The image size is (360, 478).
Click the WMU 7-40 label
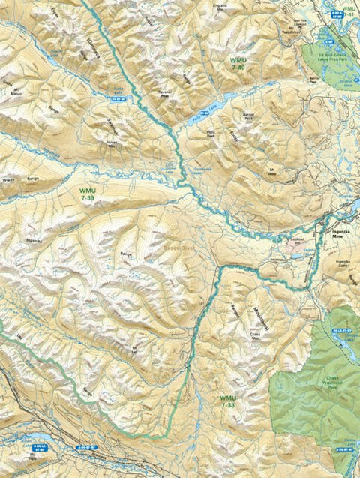click(238, 63)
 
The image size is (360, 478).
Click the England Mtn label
click(220, 8)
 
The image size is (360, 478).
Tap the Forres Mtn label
click(113, 142)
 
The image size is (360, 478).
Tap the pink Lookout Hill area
click(296, 245)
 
